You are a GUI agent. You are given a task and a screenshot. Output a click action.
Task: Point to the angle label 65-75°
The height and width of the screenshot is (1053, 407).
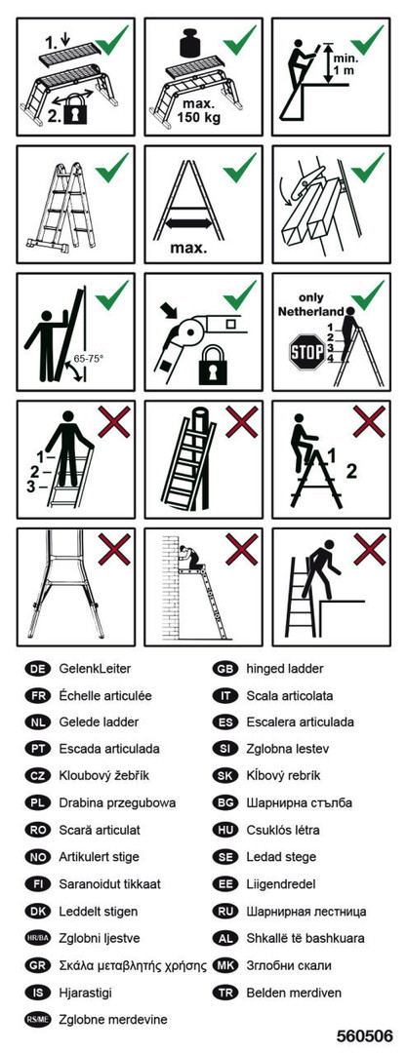(x=90, y=360)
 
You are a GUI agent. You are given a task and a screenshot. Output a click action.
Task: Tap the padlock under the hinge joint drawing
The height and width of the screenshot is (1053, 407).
(x=213, y=367)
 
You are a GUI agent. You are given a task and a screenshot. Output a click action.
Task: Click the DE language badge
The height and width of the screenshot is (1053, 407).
(x=36, y=669)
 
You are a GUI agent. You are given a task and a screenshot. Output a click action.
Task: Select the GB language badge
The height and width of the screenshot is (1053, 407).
(x=224, y=669)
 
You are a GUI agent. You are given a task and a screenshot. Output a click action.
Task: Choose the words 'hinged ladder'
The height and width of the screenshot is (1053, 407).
(x=285, y=669)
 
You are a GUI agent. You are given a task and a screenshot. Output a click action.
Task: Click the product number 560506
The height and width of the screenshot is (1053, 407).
(x=364, y=1034)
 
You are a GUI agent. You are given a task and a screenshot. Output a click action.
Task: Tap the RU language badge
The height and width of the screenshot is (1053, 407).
(x=224, y=912)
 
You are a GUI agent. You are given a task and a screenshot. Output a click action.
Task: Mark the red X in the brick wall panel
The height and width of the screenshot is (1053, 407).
(x=241, y=549)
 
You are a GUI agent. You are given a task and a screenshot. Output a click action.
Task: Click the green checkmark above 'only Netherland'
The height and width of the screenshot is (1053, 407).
(x=367, y=294)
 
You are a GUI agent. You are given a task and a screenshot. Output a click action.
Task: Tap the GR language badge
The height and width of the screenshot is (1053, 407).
(x=36, y=965)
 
